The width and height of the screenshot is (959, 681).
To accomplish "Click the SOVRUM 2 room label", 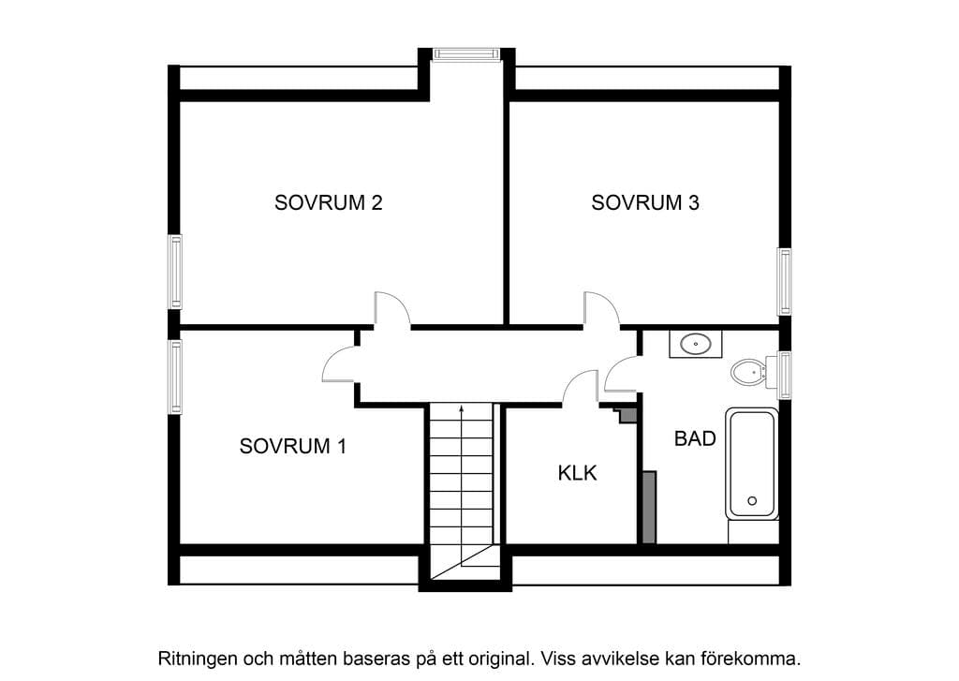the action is (x=329, y=202).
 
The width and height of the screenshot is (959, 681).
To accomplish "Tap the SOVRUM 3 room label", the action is (x=645, y=202).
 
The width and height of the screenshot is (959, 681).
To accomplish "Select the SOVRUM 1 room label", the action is (x=293, y=446).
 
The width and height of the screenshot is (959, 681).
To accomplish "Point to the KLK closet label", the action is (x=577, y=473).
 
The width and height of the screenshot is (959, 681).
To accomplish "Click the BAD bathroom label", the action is (x=696, y=438).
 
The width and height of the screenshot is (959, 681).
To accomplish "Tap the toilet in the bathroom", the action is (x=748, y=372).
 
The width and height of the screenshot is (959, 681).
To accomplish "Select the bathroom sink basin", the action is (x=696, y=344).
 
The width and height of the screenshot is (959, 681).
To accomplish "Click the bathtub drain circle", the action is (x=752, y=500).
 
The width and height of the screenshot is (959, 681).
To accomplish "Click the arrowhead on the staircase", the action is (x=462, y=408).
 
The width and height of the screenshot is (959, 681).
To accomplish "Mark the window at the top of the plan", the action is (x=467, y=53).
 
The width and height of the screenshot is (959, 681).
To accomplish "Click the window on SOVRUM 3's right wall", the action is (x=784, y=281).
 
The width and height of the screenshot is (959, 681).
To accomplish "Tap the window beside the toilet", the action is (x=784, y=375).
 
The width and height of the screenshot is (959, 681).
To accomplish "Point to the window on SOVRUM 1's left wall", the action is (x=175, y=377).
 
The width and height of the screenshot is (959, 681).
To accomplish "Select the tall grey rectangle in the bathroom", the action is (x=650, y=507).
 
